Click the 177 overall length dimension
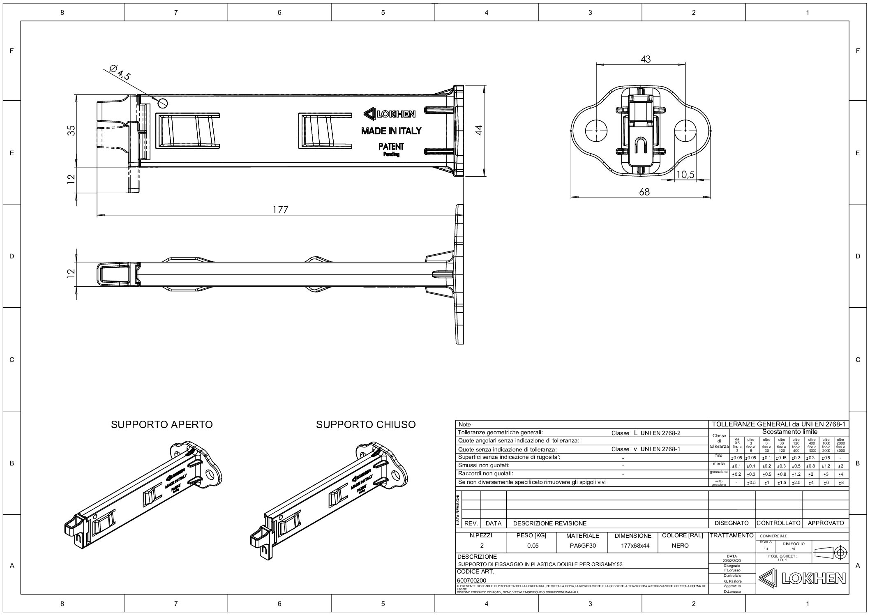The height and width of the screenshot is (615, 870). click(280, 210)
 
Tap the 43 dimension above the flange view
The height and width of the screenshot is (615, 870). click(646, 59)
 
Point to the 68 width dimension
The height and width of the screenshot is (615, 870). click(644, 191)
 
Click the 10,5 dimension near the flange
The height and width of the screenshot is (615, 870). click(685, 175)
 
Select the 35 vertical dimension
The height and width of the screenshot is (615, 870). click(72, 130)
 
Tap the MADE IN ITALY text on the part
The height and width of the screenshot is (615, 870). click(391, 131)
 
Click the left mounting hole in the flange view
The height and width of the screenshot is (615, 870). click(596, 130)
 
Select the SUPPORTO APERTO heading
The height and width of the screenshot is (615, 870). click(162, 424)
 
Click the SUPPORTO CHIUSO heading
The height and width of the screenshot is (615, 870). click(365, 424)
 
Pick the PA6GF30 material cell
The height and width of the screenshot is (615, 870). click(583, 546)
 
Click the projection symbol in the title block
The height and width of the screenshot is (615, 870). click(830, 551)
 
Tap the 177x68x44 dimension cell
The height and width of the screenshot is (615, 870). click(633, 546)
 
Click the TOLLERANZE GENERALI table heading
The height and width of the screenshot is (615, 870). click(779, 424)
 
